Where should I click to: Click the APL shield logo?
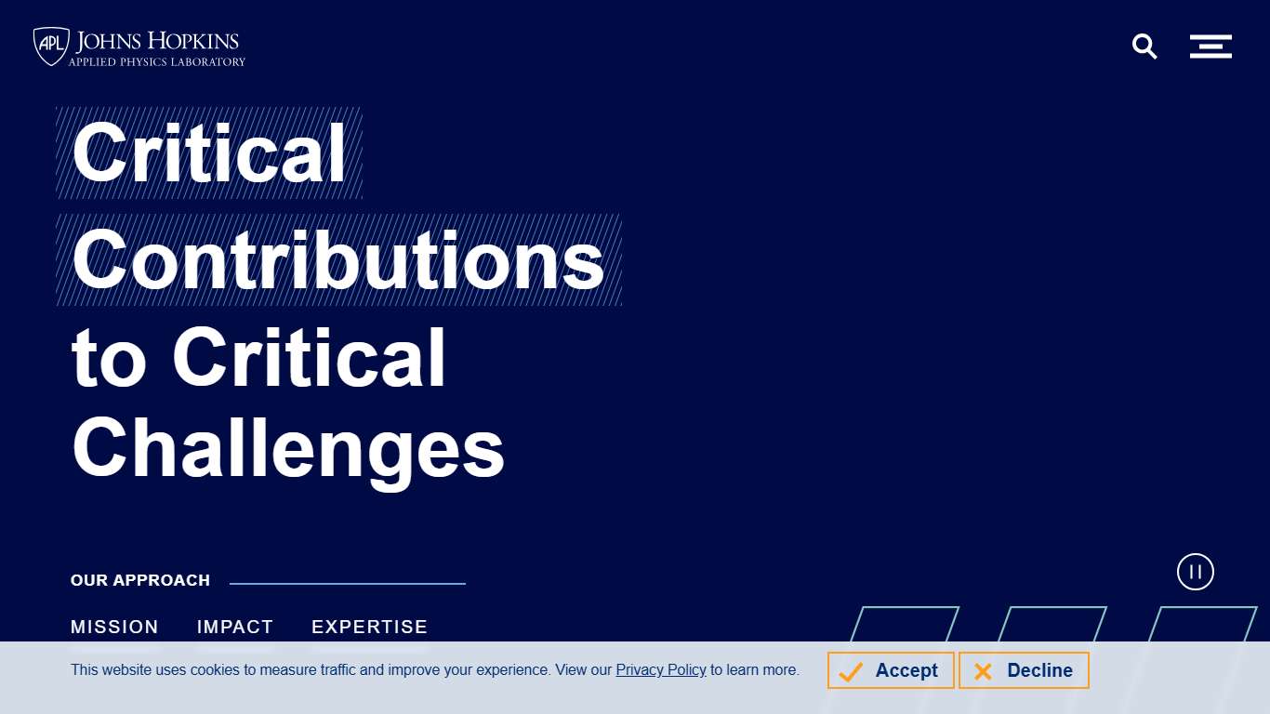(51, 46)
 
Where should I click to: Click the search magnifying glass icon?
(1144, 46)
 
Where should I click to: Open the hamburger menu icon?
(1210, 46)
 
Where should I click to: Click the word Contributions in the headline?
(338, 260)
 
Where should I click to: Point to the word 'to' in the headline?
(109, 360)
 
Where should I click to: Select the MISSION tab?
(114, 627)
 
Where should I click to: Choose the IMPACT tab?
(235, 627)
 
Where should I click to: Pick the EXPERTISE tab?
(370, 627)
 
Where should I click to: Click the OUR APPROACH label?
(140, 580)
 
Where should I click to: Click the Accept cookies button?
(891, 670)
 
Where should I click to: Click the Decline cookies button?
(1024, 670)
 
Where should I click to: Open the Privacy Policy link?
(661, 669)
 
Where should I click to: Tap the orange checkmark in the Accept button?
(851, 672)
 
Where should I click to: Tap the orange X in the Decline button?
(983, 672)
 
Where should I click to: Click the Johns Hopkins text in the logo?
(157, 42)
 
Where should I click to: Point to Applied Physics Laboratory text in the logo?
(157, 61)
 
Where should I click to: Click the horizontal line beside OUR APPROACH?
(348, 583)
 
